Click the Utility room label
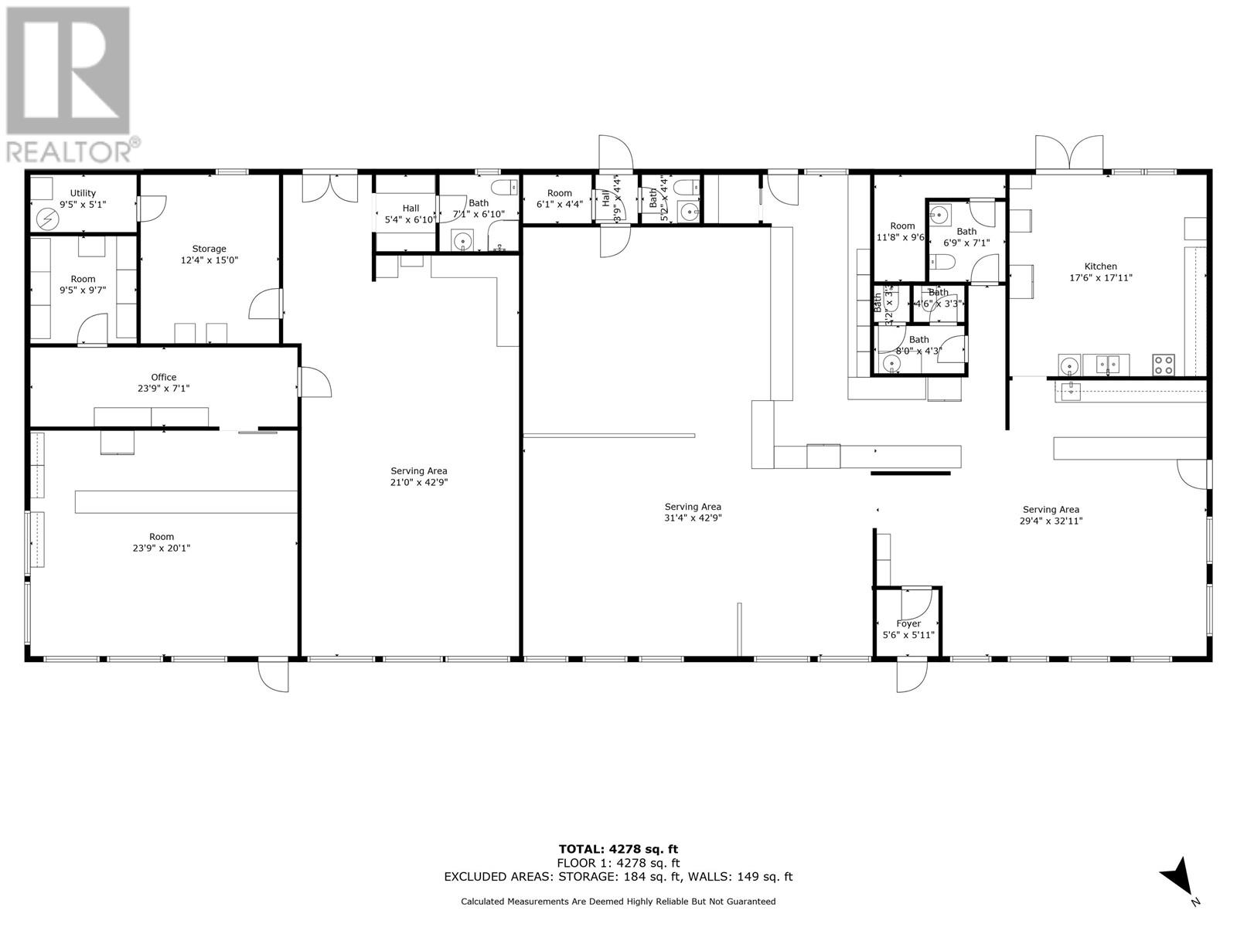tap(83, 199)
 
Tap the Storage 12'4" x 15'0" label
tap(209, 254)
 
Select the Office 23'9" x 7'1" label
tap(163, 382)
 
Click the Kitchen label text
tap(1100, 272)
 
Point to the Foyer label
tap(908, 629)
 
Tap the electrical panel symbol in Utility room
tap(48, 219)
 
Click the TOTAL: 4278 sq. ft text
tap(618, 849)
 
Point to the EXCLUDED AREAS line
tap(618, 877)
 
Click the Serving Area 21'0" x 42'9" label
tap(418, 477)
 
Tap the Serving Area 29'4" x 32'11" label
tap(1051, 514)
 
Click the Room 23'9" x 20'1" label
tap(162, 542)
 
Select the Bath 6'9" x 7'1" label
tap(966, 236)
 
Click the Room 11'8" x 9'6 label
tap(901, 232)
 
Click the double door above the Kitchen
tap(1069, 153)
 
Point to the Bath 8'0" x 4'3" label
tap(918, 345)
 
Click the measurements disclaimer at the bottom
tap(618, 902)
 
